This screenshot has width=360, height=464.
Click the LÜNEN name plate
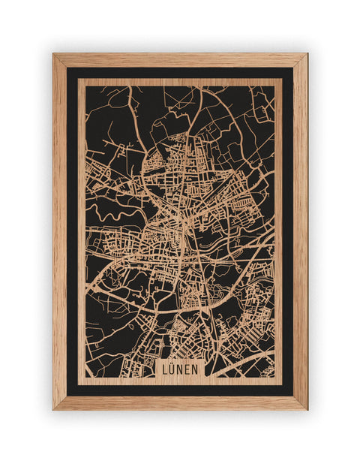point(180,369)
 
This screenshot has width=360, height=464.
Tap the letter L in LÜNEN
point(165,369)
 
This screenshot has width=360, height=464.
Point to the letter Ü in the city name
point(172,369)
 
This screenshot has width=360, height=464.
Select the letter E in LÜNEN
point(187,369)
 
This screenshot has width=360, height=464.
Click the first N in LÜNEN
point(180,369)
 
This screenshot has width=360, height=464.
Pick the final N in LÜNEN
point(195,369)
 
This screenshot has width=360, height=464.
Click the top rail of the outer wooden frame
point(180,60)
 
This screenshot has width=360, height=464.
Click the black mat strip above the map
point(180,73)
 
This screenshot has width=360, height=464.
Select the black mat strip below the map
point(180,390)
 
